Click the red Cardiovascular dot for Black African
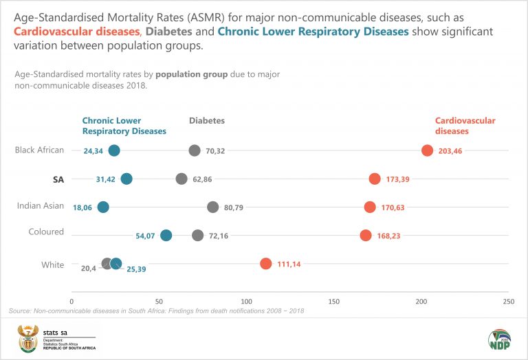427,151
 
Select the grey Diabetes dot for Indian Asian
213,207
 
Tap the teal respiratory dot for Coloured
166,235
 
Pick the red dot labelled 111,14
266,263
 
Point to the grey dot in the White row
107,263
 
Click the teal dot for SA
126,179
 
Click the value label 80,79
236,207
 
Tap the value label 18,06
82,207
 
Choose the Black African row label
39,150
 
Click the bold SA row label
58,179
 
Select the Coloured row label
47,232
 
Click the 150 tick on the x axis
334,301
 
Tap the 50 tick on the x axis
159,301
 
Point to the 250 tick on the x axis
509,301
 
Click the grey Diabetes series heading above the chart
207,120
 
